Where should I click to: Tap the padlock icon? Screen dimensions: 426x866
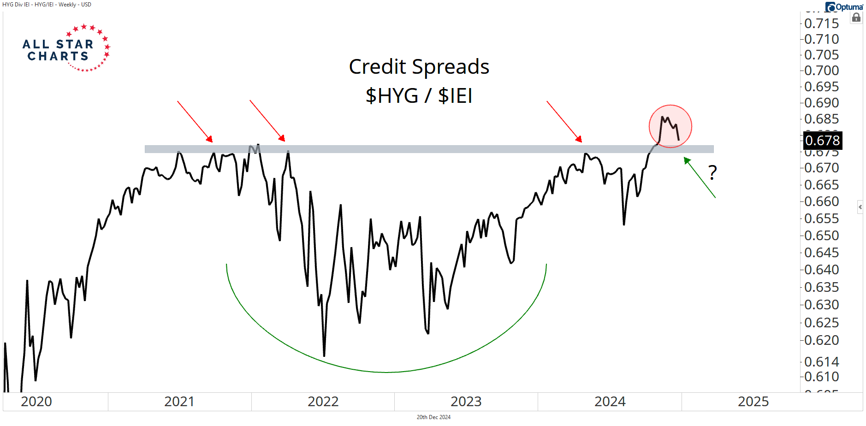(x=856, y=18)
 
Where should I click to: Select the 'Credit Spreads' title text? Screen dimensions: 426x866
(x=419, y=67)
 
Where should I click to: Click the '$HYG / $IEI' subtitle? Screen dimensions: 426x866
(x=419, y=96)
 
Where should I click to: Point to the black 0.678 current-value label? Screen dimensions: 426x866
(x=823, y=140)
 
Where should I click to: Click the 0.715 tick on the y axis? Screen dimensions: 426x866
(x=821, y=24)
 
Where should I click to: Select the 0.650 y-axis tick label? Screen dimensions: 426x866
(x=821, y=236)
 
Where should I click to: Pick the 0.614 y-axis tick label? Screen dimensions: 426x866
(x=821, y=362)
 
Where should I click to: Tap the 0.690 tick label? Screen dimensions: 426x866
(x=821, y=103)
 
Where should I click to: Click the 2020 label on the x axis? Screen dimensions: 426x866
(x=36, y=402)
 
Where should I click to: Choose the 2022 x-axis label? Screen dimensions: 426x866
(x=323, y=402)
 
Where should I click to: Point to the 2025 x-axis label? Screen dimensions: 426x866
(x=753, y=402)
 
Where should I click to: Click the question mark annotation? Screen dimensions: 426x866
(x=712, y=172)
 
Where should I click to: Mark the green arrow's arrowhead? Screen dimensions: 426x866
(x=687, y=160)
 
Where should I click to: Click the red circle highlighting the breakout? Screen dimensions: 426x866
(x=670, y=126)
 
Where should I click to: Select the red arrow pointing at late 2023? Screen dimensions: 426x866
(x=564, y=122)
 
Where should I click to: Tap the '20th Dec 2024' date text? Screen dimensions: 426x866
(x=433, y=417)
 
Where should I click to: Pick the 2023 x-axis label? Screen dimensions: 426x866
(x=466, y=402)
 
